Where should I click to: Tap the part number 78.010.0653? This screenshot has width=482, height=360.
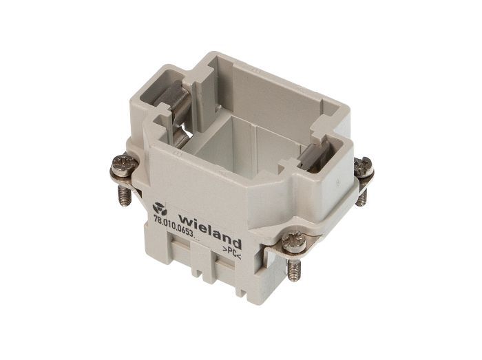(174, 226)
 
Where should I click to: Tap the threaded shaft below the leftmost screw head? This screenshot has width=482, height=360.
(125, 195)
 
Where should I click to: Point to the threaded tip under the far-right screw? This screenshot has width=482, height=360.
(361, 197)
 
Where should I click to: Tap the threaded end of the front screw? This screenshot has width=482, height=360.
(293, 269)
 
